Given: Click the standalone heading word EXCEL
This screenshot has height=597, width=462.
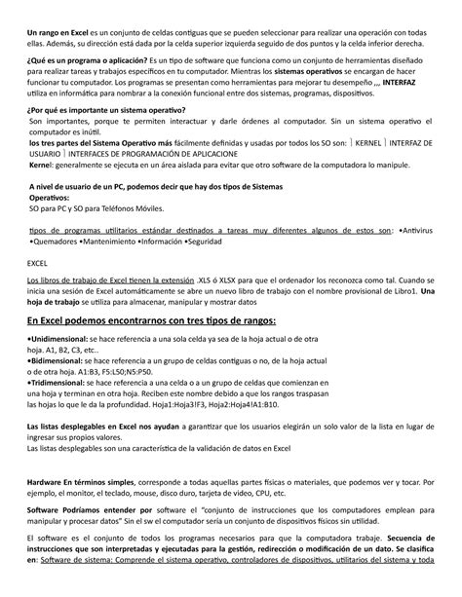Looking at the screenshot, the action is pyautogui.click(x=36, y=265).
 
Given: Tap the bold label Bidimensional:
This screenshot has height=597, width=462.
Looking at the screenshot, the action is pyautogui.click(x=58, y=359).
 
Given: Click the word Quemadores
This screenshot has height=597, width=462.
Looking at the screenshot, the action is pyautogui.click(x=56, y=243).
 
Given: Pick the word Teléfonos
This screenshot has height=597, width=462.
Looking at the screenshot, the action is pyautogui.click(x=110, y=207).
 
